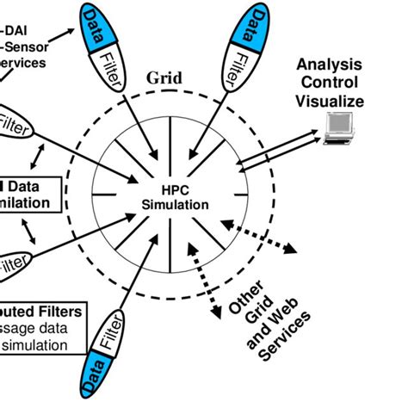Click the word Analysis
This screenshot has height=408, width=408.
coord(330,66)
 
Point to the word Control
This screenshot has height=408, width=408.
coord(330,83)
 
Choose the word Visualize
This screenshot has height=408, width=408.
coord(330,101)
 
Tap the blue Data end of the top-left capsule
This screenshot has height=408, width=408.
coord(97,23)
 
